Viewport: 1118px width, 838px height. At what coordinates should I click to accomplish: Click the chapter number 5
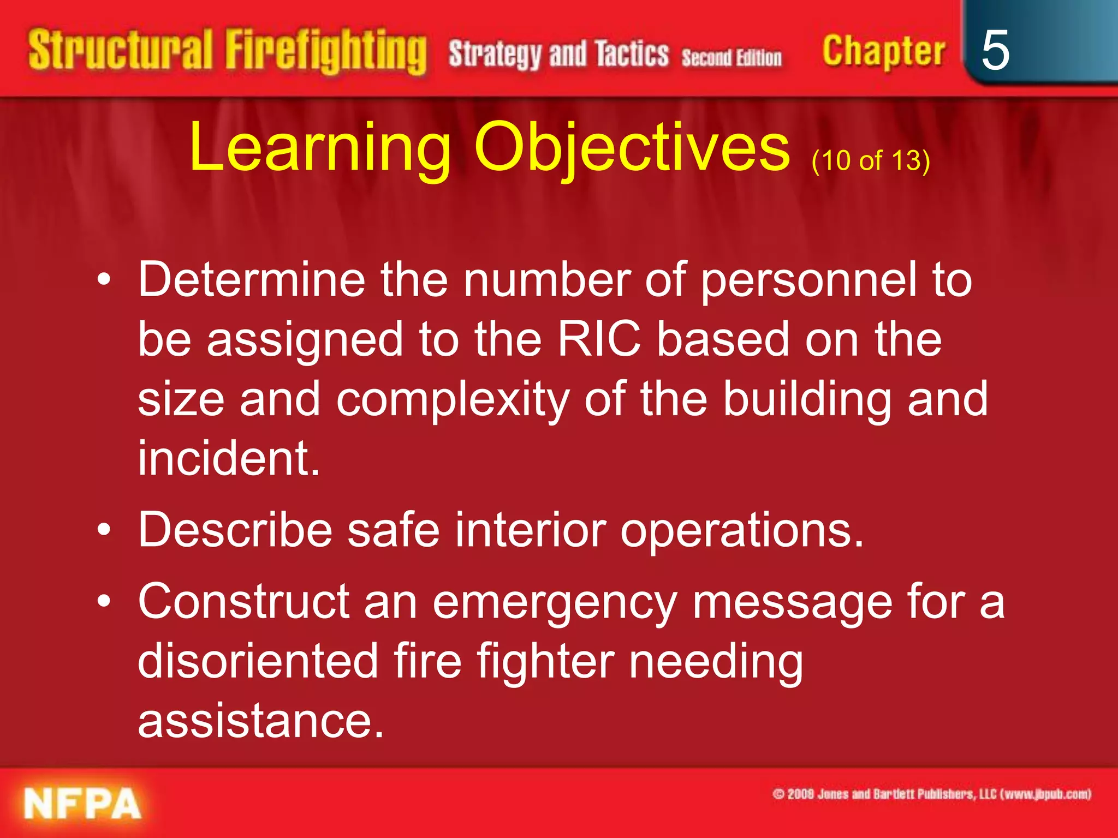[995, 50]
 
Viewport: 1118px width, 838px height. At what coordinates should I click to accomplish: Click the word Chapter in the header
[883, 52]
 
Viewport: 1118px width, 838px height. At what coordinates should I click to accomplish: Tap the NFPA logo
[82, 804]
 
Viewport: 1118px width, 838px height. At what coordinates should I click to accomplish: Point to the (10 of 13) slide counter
[870, 160]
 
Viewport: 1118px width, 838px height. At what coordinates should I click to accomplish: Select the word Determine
[251, 279]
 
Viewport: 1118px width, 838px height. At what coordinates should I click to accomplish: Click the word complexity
[453, 400]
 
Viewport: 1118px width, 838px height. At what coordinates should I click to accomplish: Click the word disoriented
[258, 661]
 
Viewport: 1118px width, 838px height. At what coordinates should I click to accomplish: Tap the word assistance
[261, 721]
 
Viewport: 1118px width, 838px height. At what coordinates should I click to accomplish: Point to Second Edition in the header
[732, 57]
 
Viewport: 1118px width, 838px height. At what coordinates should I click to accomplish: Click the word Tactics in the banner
[632, 54]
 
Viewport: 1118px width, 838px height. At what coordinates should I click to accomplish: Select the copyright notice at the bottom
[932, 794]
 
